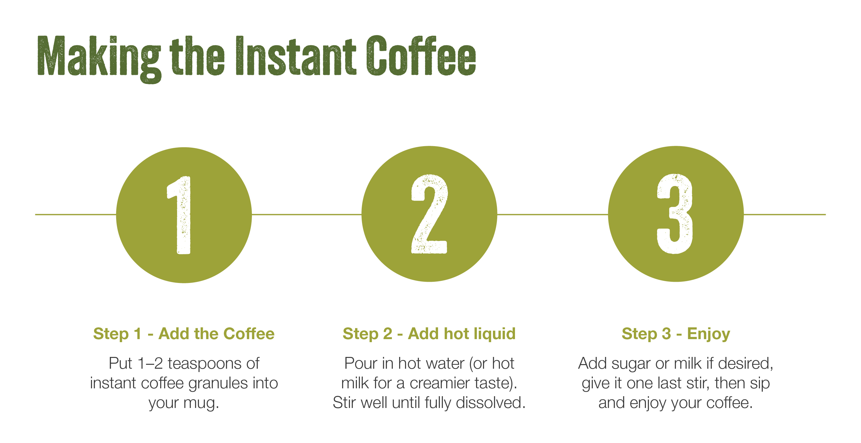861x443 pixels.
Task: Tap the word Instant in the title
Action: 296,56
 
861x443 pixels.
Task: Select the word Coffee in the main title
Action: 421,56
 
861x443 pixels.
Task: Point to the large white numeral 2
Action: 429,214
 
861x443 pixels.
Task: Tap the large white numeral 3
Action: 675,213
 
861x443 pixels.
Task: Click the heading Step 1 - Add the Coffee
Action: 184,334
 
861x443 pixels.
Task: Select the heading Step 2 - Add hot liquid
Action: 429,334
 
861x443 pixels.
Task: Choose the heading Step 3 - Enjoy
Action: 676,334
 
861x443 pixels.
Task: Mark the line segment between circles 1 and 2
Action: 307,214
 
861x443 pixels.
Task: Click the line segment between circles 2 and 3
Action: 552,214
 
